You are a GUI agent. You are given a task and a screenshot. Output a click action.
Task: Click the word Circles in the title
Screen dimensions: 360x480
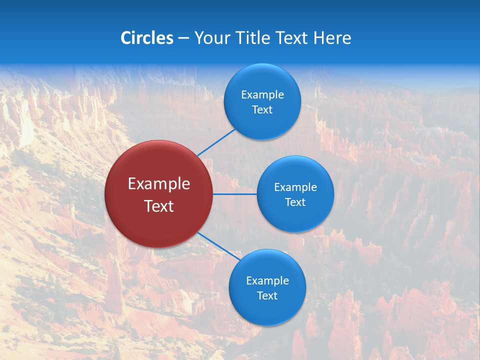[146, 38]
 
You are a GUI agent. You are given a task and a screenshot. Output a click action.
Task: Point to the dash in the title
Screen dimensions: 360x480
[183, 38]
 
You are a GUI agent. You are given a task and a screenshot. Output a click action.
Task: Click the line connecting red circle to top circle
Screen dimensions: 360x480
[217, 142]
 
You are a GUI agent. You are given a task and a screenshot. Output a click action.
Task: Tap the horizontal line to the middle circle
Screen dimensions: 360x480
[234, 194]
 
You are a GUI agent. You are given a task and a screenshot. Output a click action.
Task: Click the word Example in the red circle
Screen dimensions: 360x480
[158, 184]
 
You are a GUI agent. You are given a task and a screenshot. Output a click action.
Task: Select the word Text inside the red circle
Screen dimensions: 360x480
[158, 206]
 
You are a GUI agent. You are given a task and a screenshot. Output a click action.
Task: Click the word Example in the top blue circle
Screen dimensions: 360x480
[262, 95]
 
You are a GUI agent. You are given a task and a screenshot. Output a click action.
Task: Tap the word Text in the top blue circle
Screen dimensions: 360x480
[262, 110]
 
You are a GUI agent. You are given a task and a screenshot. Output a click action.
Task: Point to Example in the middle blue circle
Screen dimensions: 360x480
[295, 187]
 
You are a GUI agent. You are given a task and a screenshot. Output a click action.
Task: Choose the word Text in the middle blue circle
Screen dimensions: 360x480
[295, 202]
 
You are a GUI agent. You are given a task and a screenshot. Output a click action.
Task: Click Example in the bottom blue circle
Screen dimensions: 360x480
[267, 281]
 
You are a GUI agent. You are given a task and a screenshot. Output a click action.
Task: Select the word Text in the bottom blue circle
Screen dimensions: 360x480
[267, 296]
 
